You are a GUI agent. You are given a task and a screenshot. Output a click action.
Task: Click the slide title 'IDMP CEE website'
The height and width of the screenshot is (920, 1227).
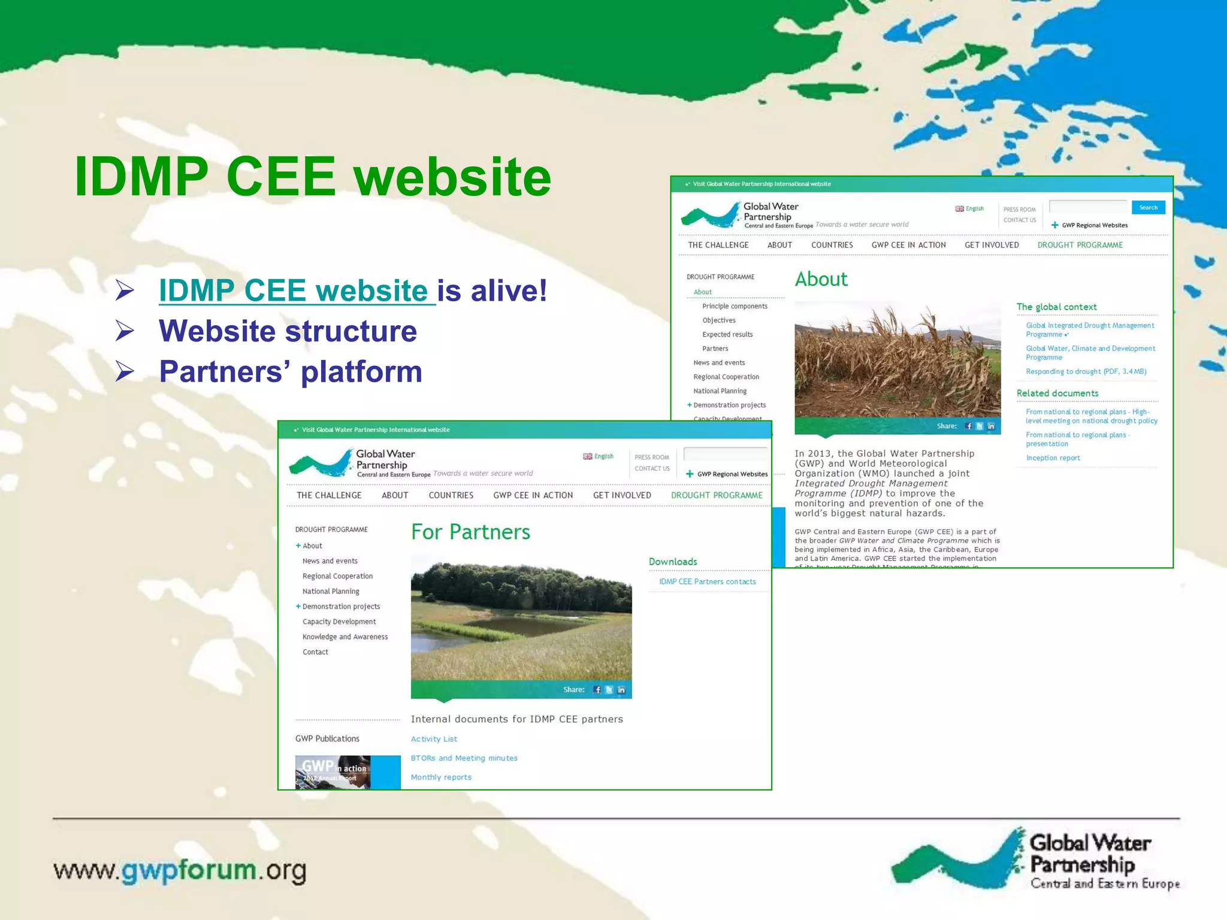point(312,177)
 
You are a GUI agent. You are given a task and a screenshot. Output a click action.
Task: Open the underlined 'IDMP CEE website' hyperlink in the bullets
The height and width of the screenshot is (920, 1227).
point(294,291)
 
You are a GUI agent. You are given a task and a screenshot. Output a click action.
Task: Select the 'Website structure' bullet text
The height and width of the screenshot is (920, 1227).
point(288,331)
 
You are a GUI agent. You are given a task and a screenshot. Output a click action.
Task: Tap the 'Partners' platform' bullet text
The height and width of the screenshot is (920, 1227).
point(291,372)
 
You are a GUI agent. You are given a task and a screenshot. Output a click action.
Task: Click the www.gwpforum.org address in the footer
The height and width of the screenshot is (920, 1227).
point(180,870)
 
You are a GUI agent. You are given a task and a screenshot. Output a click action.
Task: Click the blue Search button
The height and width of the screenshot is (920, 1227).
point(1148,208)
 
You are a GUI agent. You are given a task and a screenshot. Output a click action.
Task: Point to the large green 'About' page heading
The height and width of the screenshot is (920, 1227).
point(821,280)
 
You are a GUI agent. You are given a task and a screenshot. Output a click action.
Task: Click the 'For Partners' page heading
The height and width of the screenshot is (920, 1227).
point(470,532)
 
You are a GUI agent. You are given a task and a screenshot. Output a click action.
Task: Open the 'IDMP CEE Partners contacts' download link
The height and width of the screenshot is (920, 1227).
point(707,582)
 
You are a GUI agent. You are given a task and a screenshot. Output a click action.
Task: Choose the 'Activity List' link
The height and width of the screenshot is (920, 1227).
point(434,739)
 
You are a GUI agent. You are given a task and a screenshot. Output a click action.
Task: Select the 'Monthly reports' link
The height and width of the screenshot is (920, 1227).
point(441,777)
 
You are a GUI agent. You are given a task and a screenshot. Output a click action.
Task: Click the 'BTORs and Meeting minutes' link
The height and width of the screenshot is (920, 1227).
point(464,758)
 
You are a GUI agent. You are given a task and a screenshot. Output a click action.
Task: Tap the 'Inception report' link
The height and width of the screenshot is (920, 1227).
point(1053,458)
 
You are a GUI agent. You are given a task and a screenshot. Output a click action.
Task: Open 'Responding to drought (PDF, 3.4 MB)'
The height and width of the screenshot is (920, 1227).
point(1086,372)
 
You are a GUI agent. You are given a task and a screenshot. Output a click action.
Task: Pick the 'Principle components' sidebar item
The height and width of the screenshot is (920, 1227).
point(735,307)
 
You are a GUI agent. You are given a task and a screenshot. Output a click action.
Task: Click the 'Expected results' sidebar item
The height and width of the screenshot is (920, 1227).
point(727,335)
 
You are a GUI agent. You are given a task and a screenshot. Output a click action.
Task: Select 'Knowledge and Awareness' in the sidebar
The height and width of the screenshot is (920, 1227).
point(345,637)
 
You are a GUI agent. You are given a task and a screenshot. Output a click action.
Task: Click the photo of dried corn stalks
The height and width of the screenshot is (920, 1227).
point(897,359)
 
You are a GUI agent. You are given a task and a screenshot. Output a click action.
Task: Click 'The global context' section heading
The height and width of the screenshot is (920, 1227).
point(1056,307)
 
